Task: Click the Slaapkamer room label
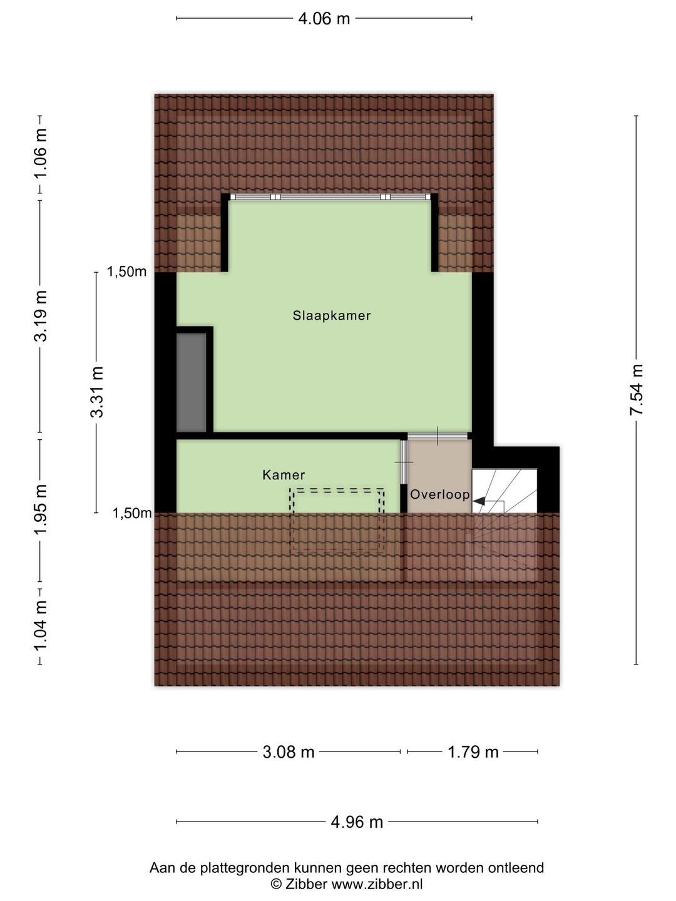(x=331, y=315)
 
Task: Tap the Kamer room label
(x=284, y=475)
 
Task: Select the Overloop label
(x=439, y=494)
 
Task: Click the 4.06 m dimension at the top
(x=324, y=19)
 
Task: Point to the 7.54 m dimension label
(x=636, y=390)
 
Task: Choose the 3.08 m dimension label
(x=289, y=752)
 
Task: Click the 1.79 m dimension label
(x=473, y=752)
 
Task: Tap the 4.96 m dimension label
(x=357, y=822)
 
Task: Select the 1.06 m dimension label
(x=40, y=153)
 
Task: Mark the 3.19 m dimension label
(x=40, y=316)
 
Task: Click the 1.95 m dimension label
(x=40, y=509)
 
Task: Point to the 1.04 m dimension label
(x=40, y=625)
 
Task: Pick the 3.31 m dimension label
(x=97, y=392)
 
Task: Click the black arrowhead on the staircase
(x=479, y=501)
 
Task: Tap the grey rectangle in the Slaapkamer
(x=192, y=382)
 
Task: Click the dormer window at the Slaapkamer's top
(x=330, y=196)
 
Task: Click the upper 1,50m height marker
(x=126, y=272)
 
